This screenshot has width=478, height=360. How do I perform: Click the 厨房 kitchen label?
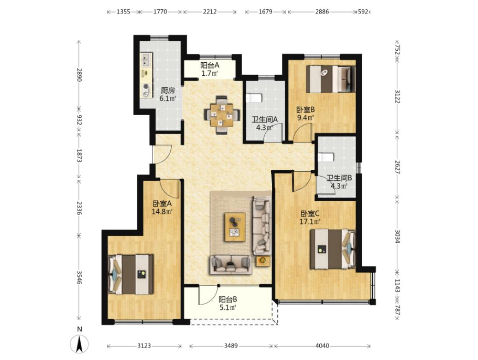167,90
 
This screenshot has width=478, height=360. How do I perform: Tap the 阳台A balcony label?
210,65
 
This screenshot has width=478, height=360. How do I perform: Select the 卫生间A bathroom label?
264,120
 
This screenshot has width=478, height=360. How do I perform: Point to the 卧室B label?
305,110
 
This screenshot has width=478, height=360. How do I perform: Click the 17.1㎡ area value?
310,222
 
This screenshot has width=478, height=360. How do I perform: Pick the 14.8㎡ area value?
162,211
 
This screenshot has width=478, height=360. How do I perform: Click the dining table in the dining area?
221,115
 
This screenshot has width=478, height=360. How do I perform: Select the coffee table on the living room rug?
235,228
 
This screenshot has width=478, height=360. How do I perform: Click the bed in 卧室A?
131,274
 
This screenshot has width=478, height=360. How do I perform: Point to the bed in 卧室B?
331,79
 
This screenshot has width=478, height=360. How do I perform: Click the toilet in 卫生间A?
254,98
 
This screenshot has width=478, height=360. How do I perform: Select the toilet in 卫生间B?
326,157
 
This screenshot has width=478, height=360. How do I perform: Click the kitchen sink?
146,60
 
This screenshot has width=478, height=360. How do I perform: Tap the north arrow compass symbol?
79,344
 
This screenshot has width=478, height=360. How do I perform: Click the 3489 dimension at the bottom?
231,346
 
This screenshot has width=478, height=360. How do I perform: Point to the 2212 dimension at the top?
210,12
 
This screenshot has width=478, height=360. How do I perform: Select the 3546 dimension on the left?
79,277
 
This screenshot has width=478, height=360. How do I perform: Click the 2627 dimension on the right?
397,167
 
